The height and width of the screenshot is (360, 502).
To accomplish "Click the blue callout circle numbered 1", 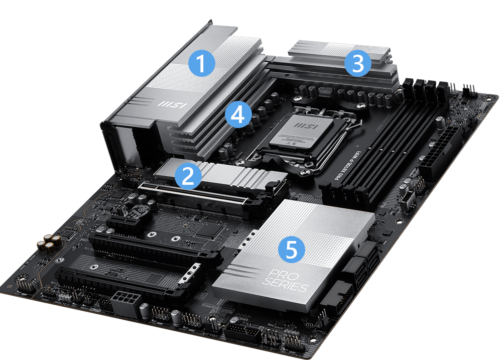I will pyautogui.click(x=201, y=64).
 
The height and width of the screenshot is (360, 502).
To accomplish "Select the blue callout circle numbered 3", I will pyautogui.click(x=358, y=64).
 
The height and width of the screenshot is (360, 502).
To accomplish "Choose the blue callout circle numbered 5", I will pyautogui.click(x=292, y=249).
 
